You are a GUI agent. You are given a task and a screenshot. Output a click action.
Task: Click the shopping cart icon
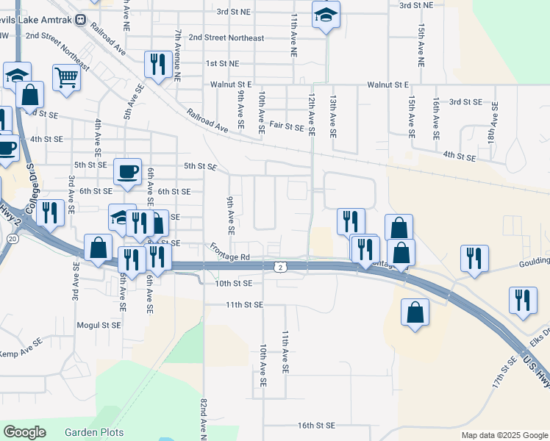[x=66, y=77]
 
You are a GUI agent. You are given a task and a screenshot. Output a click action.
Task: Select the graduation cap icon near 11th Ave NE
[x=325, y=15]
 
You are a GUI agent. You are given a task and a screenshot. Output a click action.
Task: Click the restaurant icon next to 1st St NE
[x=157, y=64]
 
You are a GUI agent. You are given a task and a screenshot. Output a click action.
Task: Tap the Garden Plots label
[x=94, y=432]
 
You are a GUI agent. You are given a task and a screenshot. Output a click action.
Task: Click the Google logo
[x=24, y=432]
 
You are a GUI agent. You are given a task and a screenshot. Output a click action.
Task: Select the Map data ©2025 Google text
[x=504, y=435]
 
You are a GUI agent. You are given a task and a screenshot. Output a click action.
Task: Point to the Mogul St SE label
[x=99, y=324]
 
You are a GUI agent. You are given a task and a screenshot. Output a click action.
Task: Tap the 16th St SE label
[x=316, y=426]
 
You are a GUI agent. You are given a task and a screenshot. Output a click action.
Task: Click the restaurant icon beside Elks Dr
[x=523, y=300]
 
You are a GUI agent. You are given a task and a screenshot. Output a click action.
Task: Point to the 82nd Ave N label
[x=204, y=419]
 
